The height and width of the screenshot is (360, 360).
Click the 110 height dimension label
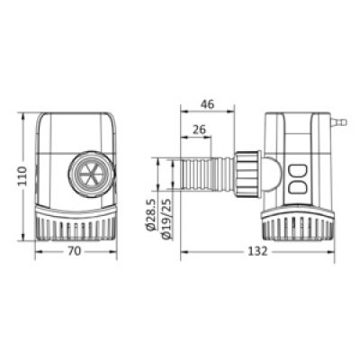pos(22,176)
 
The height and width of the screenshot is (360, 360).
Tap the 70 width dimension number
pos(74,251)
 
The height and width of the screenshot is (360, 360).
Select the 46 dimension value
pos(208,104)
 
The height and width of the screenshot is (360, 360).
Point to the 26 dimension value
pos(200,130)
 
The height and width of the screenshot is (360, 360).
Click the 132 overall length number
pos(257,251)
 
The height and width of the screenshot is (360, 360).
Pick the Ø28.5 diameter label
pos(152,215)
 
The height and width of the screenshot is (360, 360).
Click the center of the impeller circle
pos(91,175)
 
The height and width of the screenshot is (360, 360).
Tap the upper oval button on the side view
pos(297,171)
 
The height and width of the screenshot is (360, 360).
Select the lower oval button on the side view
pos(297,188)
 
